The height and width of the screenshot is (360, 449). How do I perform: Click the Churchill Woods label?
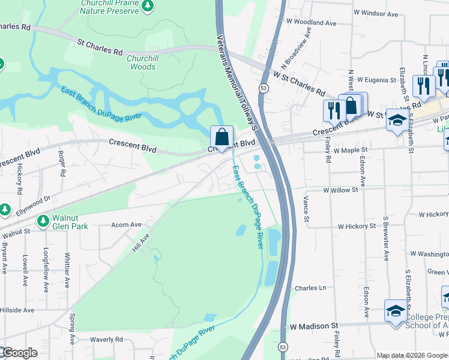point(142,62)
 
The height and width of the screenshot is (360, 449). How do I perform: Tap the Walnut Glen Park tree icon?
point(43,221)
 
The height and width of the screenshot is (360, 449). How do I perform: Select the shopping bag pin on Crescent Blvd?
point(222,137)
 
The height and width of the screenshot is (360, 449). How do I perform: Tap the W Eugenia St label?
point(376,79)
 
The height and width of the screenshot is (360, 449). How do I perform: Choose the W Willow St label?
point(340,190)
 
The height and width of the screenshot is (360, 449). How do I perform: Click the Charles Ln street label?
point(310,288)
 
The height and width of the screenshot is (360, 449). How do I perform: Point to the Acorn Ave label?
point(126,225)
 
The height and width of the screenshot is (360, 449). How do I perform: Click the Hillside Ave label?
point(17,310)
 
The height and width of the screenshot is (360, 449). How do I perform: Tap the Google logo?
point(19,353)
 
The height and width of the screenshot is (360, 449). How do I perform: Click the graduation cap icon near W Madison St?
point(395,311)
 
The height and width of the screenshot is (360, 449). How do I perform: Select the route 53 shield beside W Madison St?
point(283,347)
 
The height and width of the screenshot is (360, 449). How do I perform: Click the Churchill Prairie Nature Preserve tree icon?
point(148,6)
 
